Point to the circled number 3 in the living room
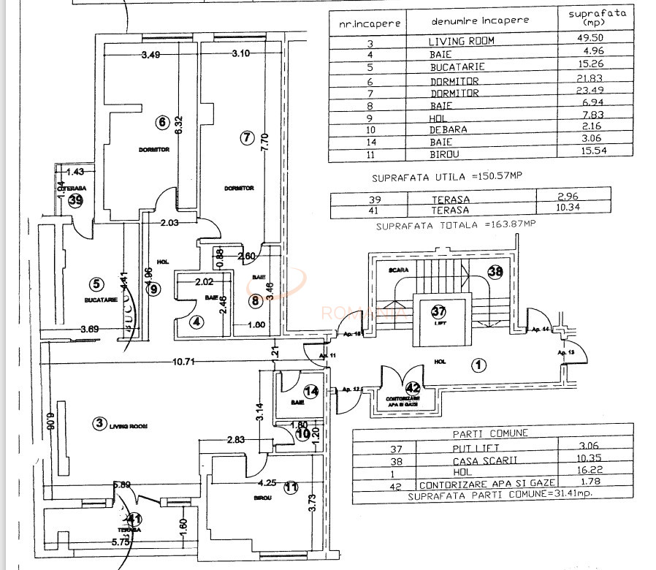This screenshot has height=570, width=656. click(x=99, y=422)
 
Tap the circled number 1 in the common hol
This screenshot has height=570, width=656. click(x=478, y=365)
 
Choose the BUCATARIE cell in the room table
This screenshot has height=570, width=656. click(x=457, y=66)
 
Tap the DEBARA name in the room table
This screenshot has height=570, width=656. click(x=449, y=130)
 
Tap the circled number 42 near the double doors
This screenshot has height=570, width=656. click(x=413, y=387)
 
